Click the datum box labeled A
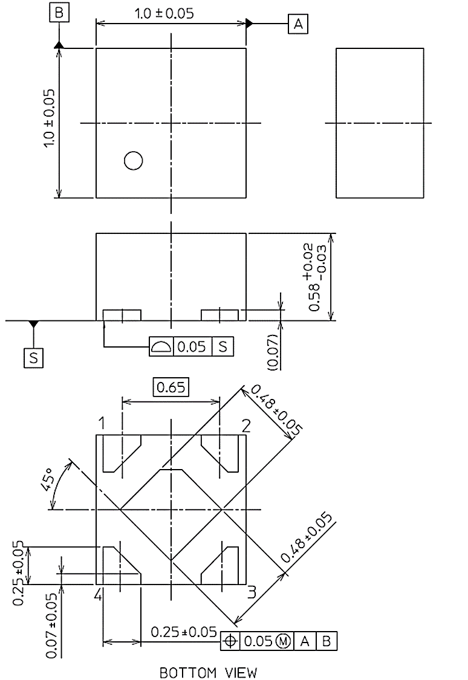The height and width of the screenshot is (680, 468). click(297, 24)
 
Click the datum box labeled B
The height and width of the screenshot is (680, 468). click(59, 13)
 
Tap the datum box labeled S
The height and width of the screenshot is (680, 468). click(33, 357)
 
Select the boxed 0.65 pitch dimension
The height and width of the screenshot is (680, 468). click(172, 386)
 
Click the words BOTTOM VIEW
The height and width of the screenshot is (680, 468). click(208, 672)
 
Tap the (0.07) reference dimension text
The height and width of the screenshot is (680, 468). click(272, 351)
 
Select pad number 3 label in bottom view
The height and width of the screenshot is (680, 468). click(252, 591)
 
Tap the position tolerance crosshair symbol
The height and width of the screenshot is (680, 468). click(230, 641)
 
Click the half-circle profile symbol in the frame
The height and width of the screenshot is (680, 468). click(161, 347)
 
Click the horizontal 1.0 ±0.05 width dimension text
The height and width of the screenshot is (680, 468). click(164, 14)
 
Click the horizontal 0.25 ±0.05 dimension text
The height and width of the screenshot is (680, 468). click(184, 632)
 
